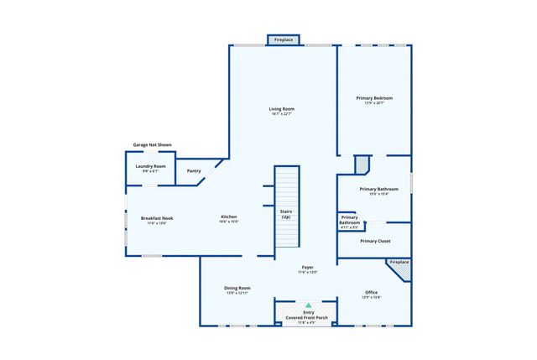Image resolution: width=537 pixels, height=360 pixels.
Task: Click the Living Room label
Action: pos(281,108)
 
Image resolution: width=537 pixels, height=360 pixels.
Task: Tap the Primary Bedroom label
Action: pos(373,98)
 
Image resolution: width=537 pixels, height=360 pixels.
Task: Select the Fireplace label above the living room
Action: pos(283,39)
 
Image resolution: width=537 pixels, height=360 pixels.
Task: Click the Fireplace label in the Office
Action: pos(399,262)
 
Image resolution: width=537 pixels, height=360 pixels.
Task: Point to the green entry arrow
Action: pos(308,305)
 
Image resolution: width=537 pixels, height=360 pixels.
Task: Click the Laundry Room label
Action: pos(151,166)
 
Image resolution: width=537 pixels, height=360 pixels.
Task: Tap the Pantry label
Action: pos(194,171)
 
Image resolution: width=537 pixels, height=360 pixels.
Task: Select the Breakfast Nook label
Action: pos(157,218)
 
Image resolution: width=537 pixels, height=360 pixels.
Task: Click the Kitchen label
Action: pos(229,217)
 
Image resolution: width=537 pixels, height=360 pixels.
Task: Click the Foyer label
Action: pos(308,267)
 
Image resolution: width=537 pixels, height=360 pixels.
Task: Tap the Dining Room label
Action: pos(237,288)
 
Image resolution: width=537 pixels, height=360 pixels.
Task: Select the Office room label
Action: pos(371,292)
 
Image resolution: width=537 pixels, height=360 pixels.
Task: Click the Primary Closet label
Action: pos(374,241)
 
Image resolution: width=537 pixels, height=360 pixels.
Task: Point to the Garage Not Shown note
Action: pos(153,144)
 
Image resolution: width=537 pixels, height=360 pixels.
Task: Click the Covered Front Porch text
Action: pos(308,317)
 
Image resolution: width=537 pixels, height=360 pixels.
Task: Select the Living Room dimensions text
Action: pos(281,114)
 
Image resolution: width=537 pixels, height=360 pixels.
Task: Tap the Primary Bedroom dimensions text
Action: pos(373,104)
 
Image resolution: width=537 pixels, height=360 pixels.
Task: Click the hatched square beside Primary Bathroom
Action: pos(362,164)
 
